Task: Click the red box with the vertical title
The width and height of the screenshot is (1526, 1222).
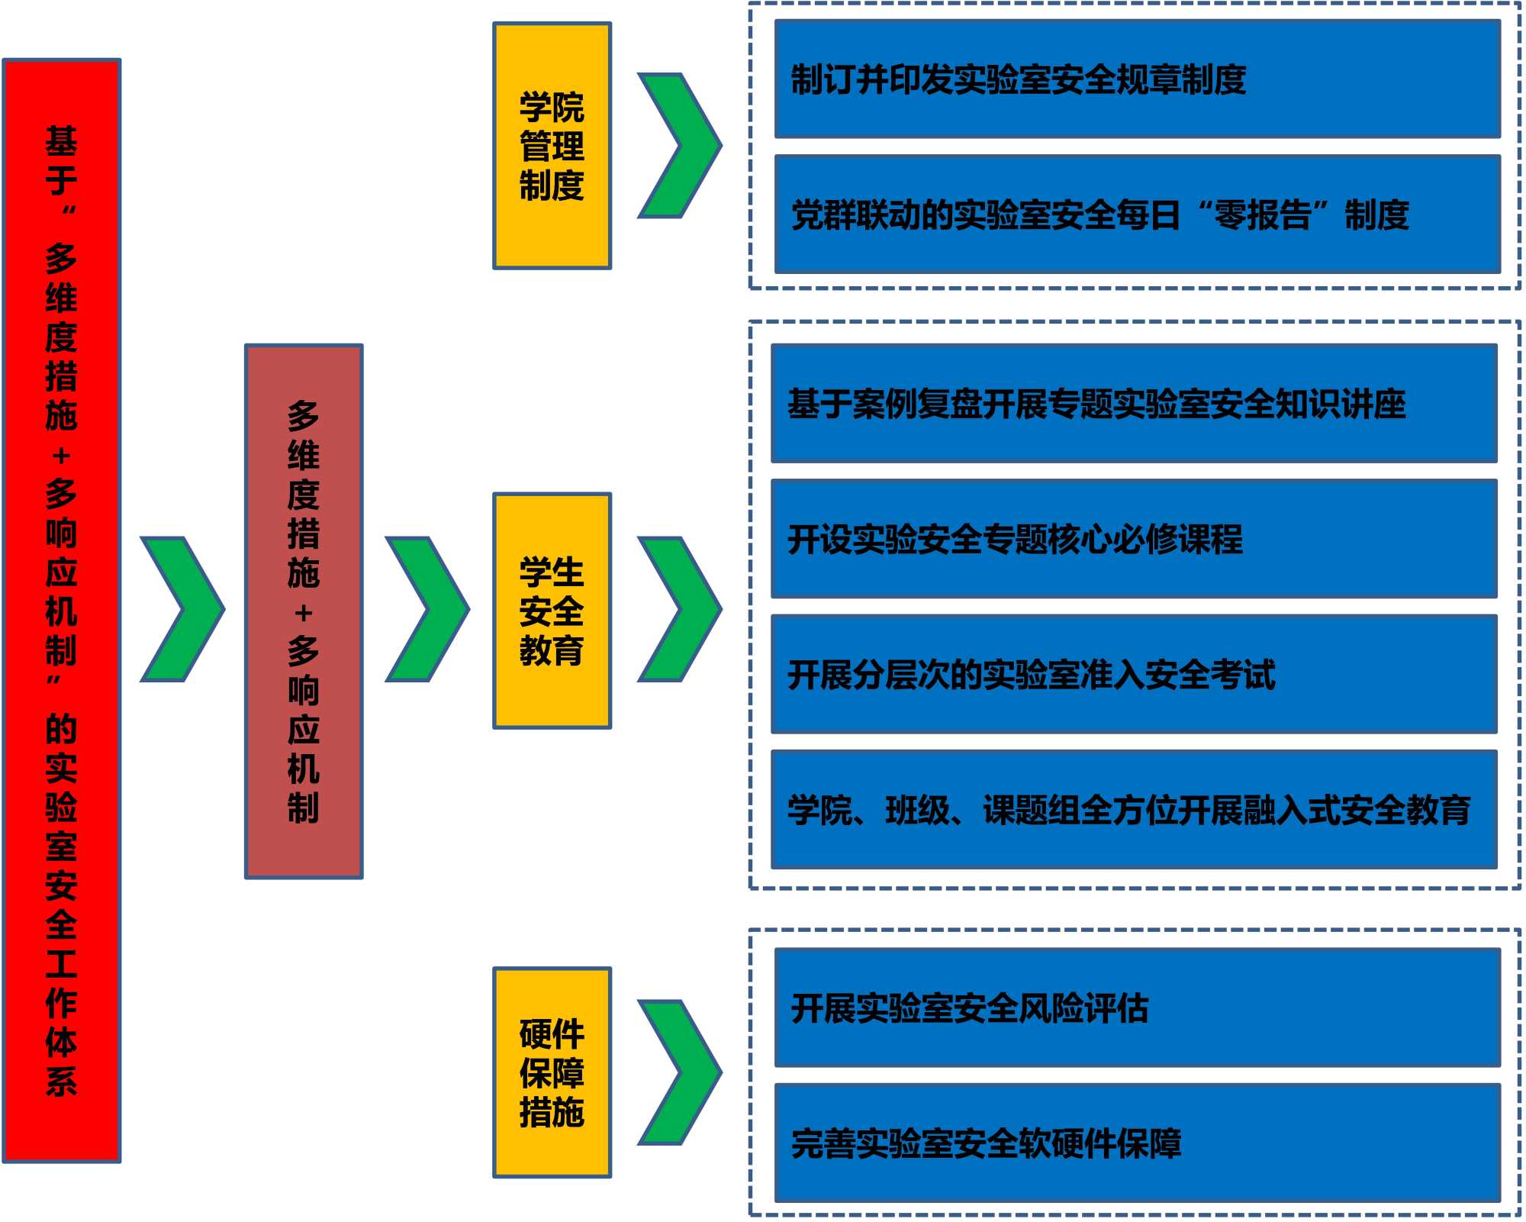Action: tap(62, 611)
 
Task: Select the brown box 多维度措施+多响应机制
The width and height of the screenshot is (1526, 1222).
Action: tap(304, 611)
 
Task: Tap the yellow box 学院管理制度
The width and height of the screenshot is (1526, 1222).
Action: tap(552, 146)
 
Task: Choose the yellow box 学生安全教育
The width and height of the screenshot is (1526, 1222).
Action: tap(552, 611)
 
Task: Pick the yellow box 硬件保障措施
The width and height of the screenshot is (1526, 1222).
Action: tap(552, 1072)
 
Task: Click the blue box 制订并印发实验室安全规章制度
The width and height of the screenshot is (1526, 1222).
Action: tap(1137, 79)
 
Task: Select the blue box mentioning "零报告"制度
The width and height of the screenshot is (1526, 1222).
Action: tap(1137, 214)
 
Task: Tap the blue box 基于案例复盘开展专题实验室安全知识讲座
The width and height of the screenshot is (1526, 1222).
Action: tap(1134, 404)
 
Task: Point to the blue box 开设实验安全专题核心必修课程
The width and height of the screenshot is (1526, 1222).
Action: tap(1134, 539)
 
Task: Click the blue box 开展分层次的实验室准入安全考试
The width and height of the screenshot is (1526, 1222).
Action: tap(1134, 674)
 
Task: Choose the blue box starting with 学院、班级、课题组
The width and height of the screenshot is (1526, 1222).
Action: tap(1134, 810)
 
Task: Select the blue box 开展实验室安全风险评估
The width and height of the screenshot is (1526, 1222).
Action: tap(1137, 1008)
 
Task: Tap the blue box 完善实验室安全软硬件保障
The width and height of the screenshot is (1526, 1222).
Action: tap(1137, 1143)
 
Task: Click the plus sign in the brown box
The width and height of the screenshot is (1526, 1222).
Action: tap(304, 613)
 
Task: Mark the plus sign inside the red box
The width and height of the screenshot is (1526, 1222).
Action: tap(62, 456)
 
